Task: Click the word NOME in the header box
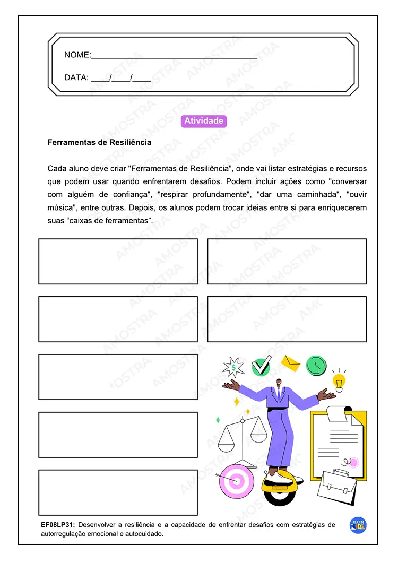click(77, 55)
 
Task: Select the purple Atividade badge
click(204, 121)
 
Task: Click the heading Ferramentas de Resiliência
click(99, 142)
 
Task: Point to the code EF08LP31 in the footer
click(58, 525)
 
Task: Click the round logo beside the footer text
click(358, 525)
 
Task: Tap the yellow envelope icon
click(290, 363)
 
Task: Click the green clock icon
click(316, 365)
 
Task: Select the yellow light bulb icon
click(339, 380)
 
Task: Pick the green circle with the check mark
click(261, 366)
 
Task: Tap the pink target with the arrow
click(237, 481)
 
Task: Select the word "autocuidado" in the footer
click(141, 534)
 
